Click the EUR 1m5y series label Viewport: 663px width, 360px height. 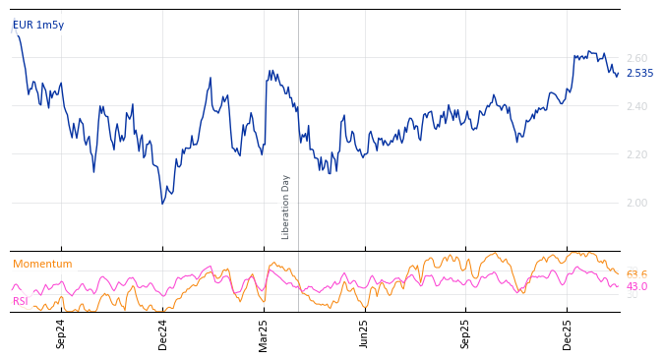pos(38,25)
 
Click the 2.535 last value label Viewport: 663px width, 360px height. pos(639,73)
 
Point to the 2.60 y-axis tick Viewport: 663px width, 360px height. pos(637,58)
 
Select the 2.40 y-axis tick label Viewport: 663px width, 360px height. pos(637,106)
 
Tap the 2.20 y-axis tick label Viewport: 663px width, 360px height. pos(637,154)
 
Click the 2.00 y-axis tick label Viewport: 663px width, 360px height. pos(637,203)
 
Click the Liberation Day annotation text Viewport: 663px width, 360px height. pos(286,207)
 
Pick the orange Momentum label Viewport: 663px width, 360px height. pos(42,264)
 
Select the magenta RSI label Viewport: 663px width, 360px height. pos(21,301)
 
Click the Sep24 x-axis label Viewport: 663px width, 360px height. pos(61,333)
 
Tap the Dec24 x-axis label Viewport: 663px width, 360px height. pos(163,333)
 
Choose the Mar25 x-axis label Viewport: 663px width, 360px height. pos(264,333)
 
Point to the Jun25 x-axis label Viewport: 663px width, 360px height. pos(365,333)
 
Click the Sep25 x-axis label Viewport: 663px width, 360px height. pos(466,333)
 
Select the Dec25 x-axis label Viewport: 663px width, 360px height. pos(568,333)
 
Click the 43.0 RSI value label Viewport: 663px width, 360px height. pos(636,287)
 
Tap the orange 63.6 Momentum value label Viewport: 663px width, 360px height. pos(636,274)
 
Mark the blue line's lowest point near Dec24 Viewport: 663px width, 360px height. pos(162,204)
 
